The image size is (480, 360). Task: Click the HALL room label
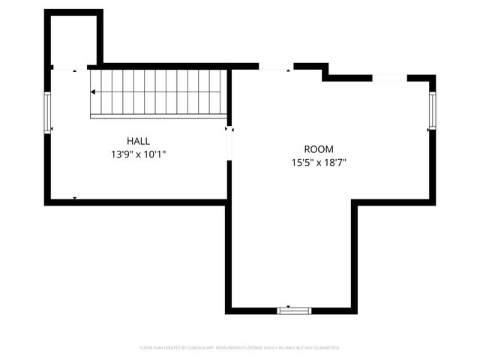pyautogui.click(x=138, y=141)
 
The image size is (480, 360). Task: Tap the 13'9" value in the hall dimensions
pyautogui.click(x=121, y=154)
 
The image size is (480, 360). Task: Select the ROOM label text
pyautogui.click(x=319, y=149)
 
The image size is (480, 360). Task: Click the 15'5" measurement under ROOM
pyautogui.click(x=301, y=163)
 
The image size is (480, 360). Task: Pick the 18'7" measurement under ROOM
pyautogui.click(x=335, y=163)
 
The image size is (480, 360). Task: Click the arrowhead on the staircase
pyautogui.click(x=93, y=92)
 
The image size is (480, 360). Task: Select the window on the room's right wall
pyautogui.click(x=432, y=109)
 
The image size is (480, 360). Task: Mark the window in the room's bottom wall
pyautogui.click(x=294, y=310)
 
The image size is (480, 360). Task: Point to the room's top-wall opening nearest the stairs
pyautogui.click(x=275, y=67)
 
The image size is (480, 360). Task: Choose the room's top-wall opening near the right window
pyautogui.click(x=390, y=77)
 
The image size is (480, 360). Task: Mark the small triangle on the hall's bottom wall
pyautogui.click(x=74, y=198)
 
